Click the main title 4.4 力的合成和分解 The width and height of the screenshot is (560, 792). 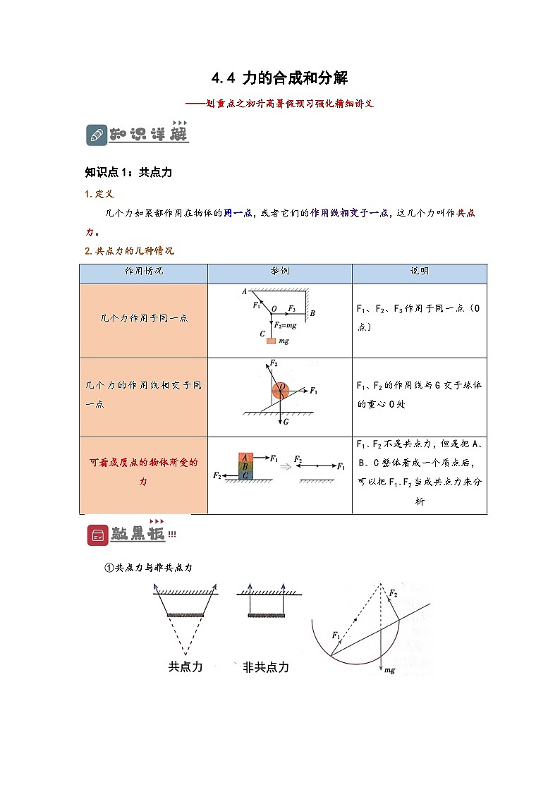(280, 78)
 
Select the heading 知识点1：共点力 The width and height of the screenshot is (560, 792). (128, 172)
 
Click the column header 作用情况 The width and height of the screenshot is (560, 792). (143, 272)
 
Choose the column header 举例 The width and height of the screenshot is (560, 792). (279, 272)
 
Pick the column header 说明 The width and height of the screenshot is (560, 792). (419, 272)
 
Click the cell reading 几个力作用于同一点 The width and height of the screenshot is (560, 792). (143, 319)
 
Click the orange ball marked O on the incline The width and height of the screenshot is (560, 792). (280, 389)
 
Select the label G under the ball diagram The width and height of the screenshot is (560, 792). (286, 422)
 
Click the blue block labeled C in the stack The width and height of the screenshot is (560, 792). (245, 476)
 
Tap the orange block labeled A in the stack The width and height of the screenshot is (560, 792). (245, 457)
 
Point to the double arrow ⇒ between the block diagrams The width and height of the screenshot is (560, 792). (285, 466)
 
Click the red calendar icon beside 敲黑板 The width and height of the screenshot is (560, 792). (97, 535)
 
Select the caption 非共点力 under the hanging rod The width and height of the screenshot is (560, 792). (266, 667)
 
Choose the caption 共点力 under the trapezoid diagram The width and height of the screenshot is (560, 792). (185, 667)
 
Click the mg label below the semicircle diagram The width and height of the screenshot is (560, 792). (389, 670)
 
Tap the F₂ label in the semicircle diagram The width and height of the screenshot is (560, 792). (393, 595)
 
